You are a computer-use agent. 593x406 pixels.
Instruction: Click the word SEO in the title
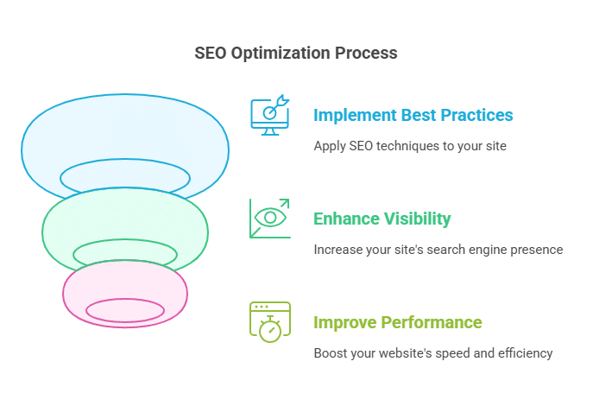[x=211, y=53]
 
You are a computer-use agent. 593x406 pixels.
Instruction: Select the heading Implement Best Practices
[x=413, y=115]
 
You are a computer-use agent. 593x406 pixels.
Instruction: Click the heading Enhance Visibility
[x=382, y=219]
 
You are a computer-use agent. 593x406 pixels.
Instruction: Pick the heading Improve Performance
[x=397, y=322]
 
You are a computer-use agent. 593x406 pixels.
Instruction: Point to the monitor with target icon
[x=269, y=115]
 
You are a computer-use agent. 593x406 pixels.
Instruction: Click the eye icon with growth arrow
[x=269, y=219]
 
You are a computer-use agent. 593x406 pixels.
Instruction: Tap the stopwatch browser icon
[x=269, y=322]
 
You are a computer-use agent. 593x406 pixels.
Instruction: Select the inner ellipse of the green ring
[x=125, y=240]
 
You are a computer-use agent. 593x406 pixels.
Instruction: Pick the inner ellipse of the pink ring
[x=125, y=299]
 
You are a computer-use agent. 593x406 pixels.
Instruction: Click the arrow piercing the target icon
[x=278, y=105]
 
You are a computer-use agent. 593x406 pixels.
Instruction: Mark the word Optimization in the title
[x=281, y=54]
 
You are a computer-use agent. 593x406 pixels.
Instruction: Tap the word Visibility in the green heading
[x=417, y=219]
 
